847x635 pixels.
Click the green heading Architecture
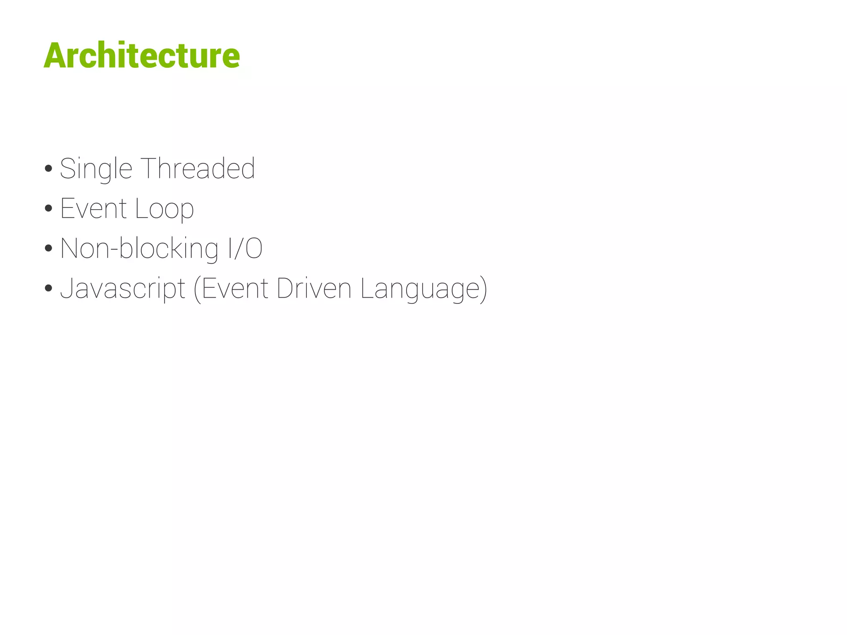[141, 55]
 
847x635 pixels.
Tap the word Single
[96, 169]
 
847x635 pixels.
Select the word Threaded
[198, 168]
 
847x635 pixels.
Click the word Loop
[164, 208]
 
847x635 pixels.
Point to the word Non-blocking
[139, 248]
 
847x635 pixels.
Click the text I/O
[245, 248]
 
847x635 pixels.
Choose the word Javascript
[123, 289]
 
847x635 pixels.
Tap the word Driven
[314, 288]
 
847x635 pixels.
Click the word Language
[420, 289]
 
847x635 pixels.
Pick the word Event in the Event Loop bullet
[93, 208]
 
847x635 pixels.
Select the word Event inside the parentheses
[235, 288]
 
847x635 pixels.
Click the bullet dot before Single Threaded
[48, 168]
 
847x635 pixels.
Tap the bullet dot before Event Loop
[48, 208]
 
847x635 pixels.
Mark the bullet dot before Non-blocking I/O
[48, 248]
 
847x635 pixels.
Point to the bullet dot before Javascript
[48, 288]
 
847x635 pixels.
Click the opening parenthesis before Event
[197, 289]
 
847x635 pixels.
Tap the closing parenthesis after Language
[483, 289]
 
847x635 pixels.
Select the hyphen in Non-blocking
[114, 250]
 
